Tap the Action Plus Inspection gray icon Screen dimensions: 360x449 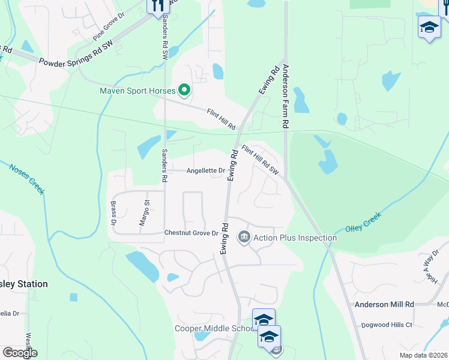(244, 238)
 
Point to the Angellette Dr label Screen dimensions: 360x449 (205, 170)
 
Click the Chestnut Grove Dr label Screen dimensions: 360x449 (191, 233)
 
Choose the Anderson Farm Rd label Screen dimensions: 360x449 (286, 95)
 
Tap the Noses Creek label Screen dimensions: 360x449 (27, 179)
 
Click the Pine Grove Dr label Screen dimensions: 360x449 (108, 28)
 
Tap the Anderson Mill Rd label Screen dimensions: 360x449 (384, 305)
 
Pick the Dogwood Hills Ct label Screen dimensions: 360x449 (387, 325)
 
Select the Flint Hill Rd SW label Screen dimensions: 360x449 (261, 160)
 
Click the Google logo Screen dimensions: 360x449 (20, 353)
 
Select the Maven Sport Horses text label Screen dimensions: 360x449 (137, 91)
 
